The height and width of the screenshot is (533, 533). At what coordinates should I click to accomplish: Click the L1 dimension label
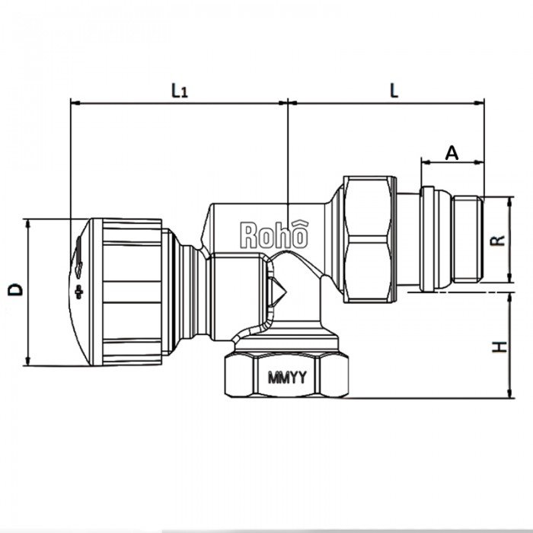tap(179, 91)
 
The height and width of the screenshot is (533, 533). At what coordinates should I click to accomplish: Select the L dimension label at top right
tap(394, 89)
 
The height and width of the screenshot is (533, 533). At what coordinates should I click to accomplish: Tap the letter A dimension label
tap(452, 152)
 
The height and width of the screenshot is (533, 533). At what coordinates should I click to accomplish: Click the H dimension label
tap(499, 346)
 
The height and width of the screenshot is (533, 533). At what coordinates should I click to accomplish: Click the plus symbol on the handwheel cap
tap(78, 292)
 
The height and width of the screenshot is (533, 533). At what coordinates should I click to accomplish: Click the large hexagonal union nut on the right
tap(370, 239)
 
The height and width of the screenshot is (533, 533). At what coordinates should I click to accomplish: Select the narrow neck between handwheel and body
tap(187, 291)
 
